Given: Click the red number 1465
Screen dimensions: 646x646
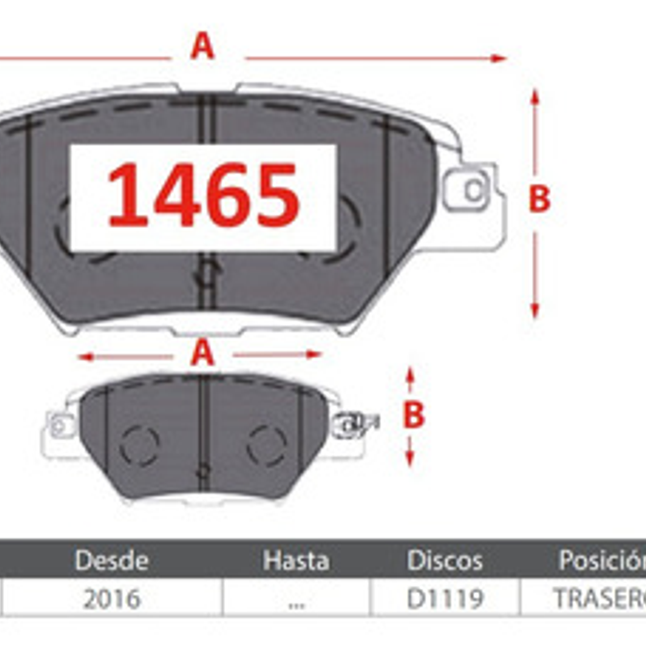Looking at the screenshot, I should pos(203,195).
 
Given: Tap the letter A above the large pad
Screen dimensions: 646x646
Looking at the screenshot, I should pos(202,46).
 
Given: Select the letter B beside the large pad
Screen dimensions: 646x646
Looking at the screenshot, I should pos(539,199).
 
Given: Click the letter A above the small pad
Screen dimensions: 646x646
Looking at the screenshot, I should pos(202,354).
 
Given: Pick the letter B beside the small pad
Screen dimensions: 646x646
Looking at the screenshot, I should pos(414,415).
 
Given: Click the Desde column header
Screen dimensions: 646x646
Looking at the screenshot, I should pos(112,560).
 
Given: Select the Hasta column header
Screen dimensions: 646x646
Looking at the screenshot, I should pos(296,560).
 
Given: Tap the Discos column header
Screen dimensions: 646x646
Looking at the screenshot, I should pos(445,560).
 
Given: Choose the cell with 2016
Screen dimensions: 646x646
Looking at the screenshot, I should pos(112,598).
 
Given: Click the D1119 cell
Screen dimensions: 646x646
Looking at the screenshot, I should pos(445,598).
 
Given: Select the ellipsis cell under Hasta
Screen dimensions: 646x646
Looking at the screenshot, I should pos(296,601).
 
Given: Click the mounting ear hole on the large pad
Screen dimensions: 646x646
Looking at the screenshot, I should pos(474,190).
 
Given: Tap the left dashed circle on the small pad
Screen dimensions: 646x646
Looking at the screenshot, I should pos(139,445).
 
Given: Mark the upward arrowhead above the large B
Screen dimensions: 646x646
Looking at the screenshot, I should pos(534,96).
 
